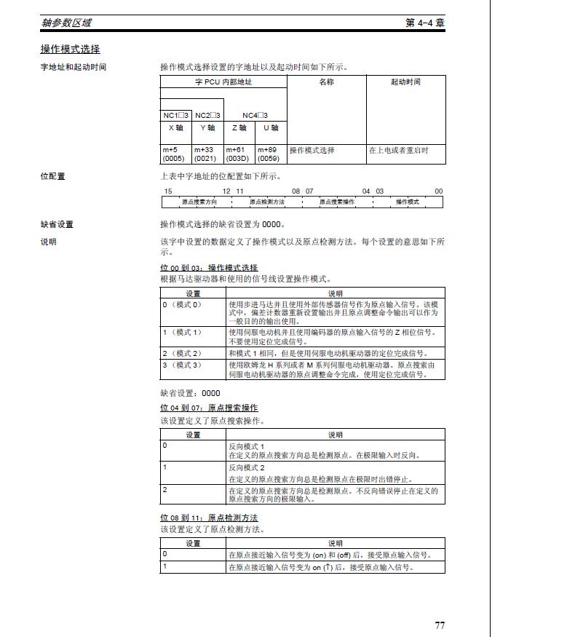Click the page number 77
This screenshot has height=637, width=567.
(440, 625)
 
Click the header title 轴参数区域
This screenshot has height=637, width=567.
(66, 23)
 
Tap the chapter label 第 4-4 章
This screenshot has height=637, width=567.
(425, 23)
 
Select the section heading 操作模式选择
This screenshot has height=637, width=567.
(70, 50)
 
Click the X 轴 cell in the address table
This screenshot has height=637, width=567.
(176, 127)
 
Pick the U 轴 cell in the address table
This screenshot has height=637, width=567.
(271, 127)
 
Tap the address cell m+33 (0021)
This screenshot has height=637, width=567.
(207, 154)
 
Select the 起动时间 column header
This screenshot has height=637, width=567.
(405, 82)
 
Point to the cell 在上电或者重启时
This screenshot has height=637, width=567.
(398, 150)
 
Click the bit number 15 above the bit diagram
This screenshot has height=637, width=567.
(168, 191)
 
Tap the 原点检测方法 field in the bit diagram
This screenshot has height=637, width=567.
(267, 202)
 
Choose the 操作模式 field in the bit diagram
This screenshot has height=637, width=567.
(408, 202)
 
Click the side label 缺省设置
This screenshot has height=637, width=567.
(57, 224)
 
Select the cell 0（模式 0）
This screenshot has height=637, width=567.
(182, 304)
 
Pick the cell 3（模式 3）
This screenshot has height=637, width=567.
(182, 365)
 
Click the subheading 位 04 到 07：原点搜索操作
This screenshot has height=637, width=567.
(209, 407)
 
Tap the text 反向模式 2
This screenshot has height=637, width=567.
(247, 467)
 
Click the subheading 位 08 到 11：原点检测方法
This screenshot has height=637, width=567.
(209, 518)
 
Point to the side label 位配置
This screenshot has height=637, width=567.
(52, 176)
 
